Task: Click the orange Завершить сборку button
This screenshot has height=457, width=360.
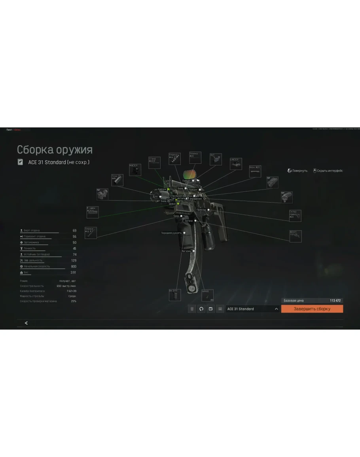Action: (312, 309)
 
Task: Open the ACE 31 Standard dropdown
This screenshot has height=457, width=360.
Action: (253, 309)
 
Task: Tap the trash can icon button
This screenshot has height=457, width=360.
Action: (192, 309)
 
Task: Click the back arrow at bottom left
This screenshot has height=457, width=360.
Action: (26, 323)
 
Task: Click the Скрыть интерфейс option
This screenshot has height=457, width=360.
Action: (328, 171)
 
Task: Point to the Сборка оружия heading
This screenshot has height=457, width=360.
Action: (55, 150)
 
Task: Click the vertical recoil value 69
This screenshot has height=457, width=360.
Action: (74, 231)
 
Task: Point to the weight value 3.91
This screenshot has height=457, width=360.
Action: (73, 273)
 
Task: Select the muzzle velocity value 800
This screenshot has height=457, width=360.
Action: (74, 267)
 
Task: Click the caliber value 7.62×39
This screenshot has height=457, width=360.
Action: (71, 291)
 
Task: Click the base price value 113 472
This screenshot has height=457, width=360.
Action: (335, 301)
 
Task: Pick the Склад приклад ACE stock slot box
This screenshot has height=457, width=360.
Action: (295, 216)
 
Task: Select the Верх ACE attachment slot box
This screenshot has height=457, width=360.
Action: (255, 171)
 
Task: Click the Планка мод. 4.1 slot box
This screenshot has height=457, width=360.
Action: (91, 233)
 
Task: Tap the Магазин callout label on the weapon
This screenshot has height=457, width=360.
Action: (186, 251)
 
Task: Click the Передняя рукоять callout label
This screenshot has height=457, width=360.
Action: (171, 233)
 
